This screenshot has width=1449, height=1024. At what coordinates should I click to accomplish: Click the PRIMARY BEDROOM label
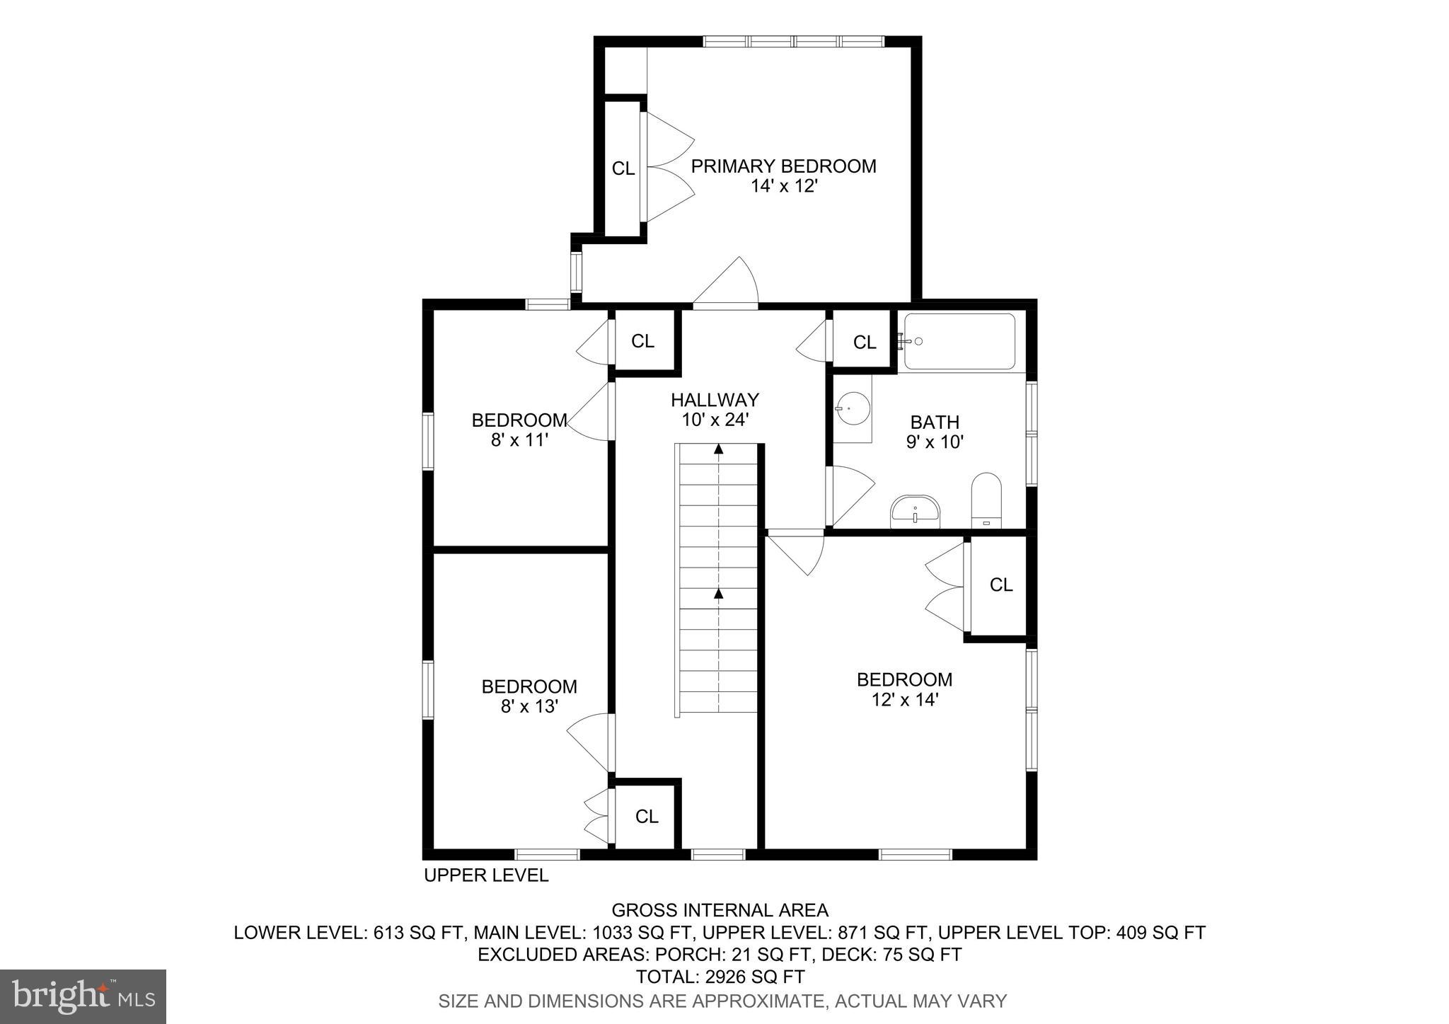[783, 166]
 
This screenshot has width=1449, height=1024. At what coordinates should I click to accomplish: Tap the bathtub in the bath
[960, 341]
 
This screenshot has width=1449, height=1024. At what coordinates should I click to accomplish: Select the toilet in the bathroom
[986, 500]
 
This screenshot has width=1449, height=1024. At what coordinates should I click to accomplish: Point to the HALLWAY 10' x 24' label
[715, 410]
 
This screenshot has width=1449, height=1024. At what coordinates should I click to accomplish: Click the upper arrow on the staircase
[719, 448]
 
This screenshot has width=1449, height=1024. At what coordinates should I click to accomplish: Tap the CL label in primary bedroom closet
[623, 168]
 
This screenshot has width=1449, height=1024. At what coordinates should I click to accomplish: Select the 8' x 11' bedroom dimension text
[520, 440]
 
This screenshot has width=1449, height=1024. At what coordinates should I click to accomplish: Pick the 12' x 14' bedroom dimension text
[904, 700]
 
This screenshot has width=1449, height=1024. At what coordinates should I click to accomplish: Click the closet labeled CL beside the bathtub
[864, 343]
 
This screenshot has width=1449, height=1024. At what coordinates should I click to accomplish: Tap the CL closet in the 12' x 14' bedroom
[1000, 585]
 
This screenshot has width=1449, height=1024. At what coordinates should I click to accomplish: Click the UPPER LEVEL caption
[486, 875]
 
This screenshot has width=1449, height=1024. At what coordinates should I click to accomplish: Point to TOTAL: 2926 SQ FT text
[720, 977]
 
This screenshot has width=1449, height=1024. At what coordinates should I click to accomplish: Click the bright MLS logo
[83, 996]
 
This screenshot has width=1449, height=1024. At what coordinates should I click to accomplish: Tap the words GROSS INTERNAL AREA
[720, 910]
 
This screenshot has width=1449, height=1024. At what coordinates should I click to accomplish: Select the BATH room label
[935, 422]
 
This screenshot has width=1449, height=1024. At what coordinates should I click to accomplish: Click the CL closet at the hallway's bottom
[646, 816]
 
